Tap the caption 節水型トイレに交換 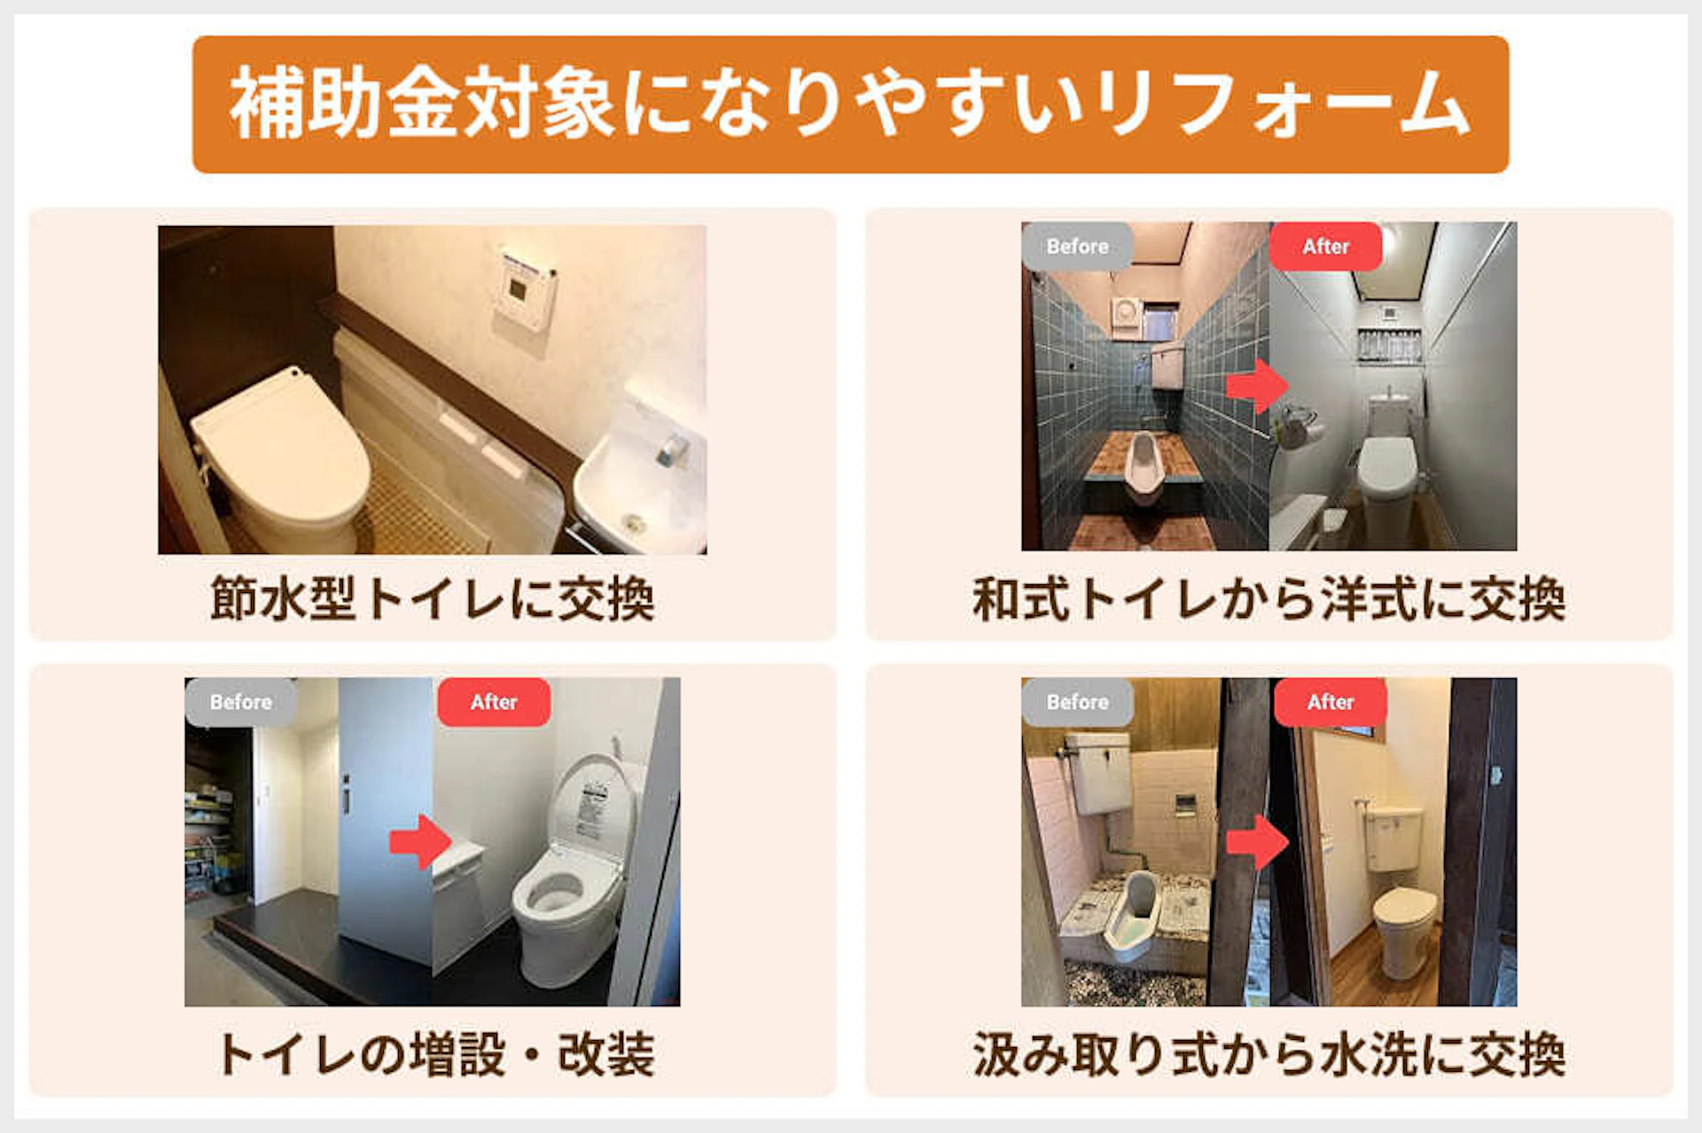tap(432, 599)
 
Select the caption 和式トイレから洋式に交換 tap(1269, 599)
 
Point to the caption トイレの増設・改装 tap(434, 1055)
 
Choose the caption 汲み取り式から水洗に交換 tap(1269, 1055)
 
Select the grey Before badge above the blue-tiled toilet tap(1077, 246)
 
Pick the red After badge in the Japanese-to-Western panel tap(1325, 246)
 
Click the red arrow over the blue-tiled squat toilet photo tap(1257, 385)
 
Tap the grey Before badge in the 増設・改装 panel tap(240, 702)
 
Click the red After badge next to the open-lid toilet tap(494, 702)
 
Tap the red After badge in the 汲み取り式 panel tap(1330, 702)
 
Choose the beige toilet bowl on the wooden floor tap(1403, 922)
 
